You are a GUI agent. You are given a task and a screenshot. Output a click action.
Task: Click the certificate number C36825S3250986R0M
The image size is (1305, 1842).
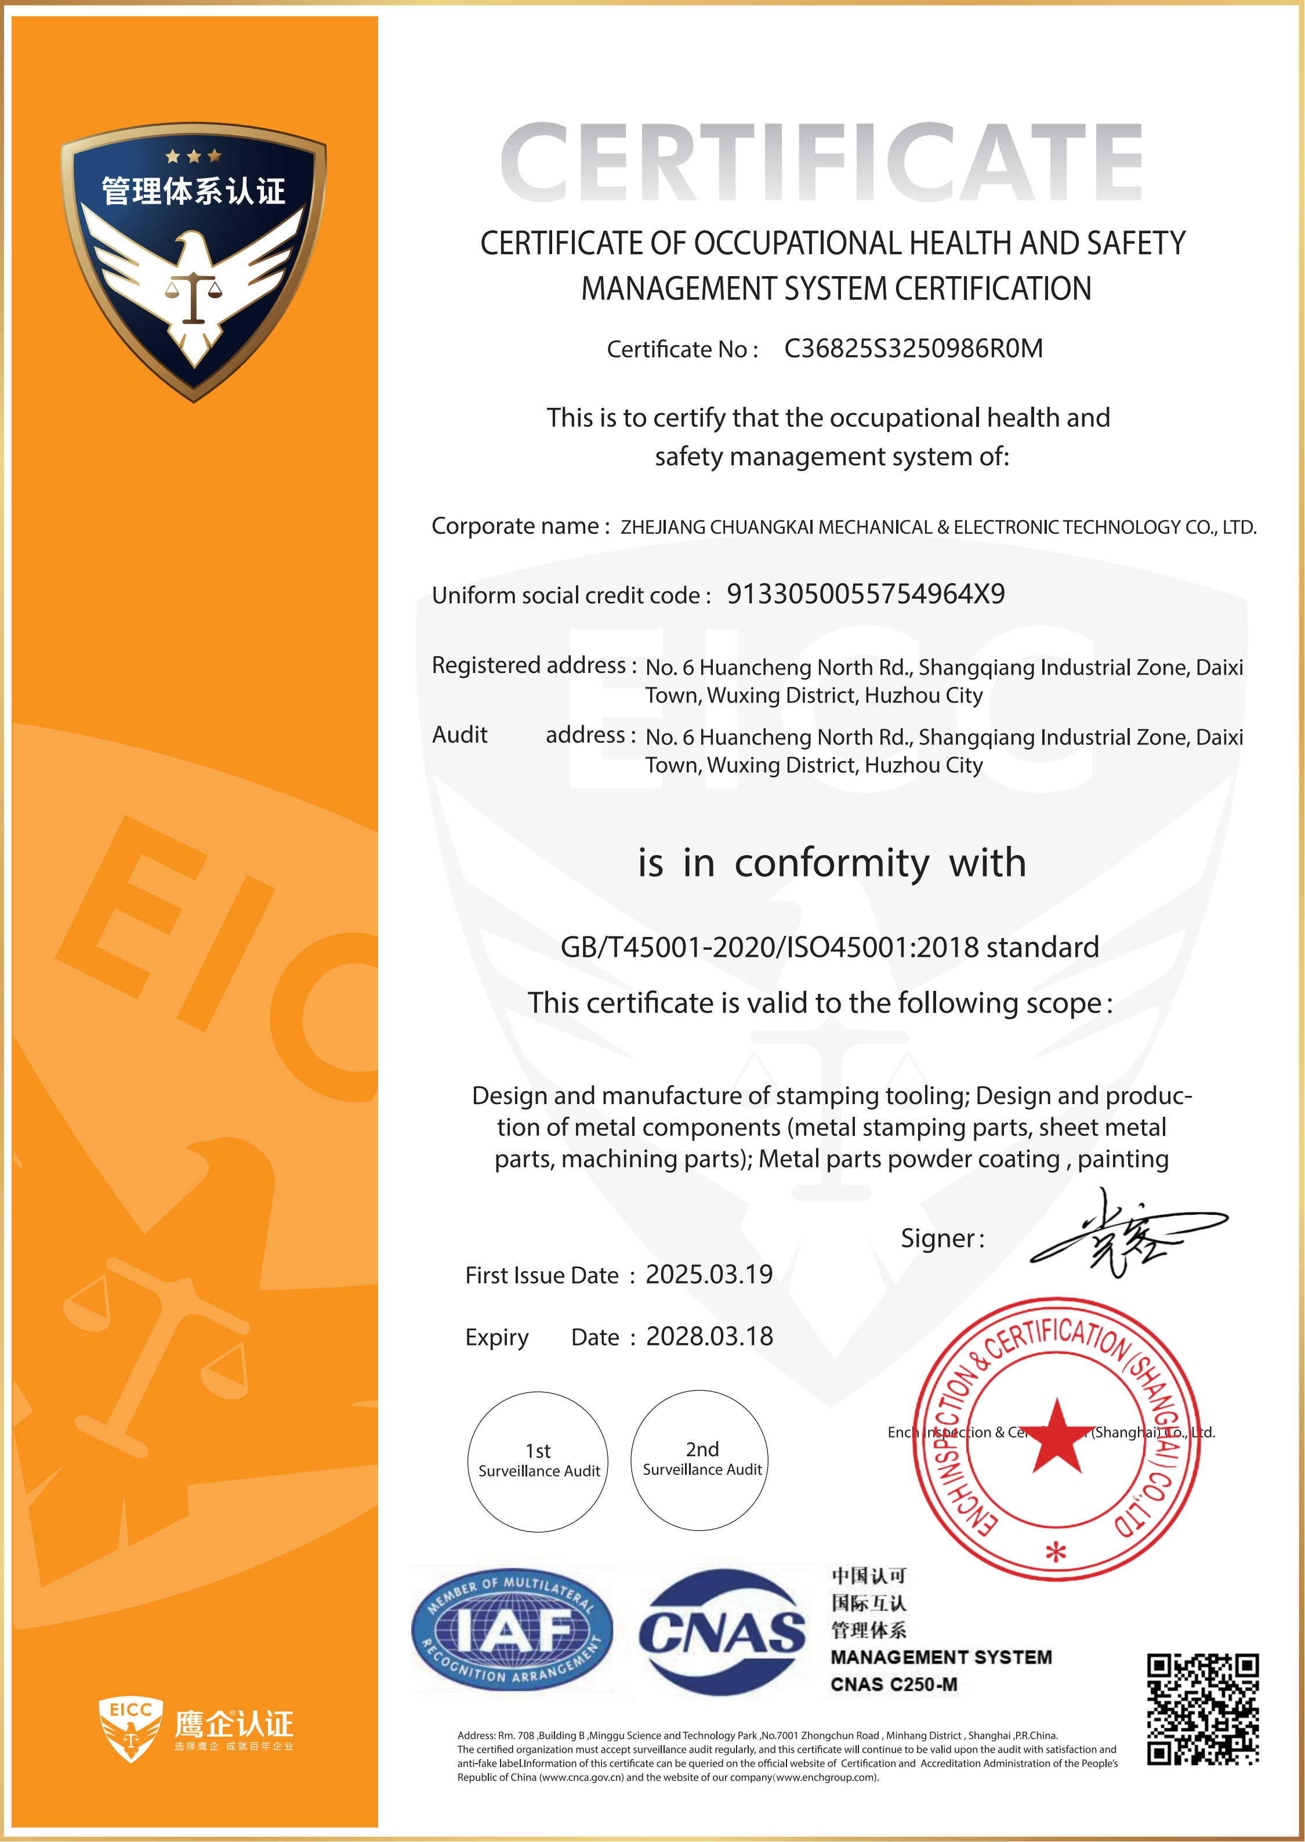coord(913,348)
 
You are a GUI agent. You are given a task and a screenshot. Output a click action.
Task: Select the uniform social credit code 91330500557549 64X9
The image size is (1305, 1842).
coord(865,594)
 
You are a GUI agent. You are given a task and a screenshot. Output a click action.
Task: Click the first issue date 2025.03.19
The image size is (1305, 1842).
coord(709,1274)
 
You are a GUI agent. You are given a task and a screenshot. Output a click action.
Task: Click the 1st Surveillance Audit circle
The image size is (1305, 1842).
coord(538,1461)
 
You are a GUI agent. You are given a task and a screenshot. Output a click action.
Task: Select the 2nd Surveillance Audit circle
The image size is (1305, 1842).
coord(701,1460)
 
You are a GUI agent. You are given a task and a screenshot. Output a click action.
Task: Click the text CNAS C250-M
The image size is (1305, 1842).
coord(894,1684)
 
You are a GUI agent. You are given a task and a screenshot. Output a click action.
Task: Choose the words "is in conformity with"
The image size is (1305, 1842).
coord(832,863)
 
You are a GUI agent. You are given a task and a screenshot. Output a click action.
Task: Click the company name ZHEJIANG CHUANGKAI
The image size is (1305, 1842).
coord(938,527)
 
